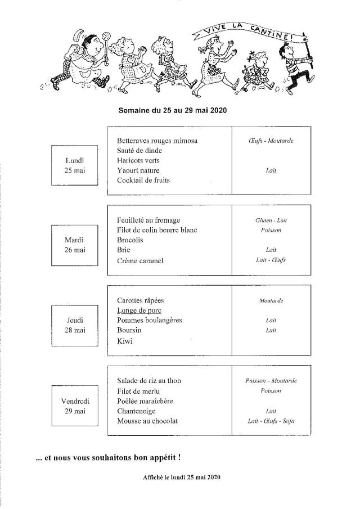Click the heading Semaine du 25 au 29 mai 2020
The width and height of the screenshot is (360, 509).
173,111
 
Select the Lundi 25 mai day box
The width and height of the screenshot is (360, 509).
74,165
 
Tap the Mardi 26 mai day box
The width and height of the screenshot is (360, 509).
74,245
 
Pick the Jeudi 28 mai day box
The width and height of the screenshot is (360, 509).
74,325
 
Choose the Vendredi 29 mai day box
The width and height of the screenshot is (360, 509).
74,406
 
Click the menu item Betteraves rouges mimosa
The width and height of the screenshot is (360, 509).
157,141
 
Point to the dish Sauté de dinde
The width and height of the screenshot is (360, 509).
139,151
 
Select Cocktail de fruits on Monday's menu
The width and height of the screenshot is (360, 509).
143,181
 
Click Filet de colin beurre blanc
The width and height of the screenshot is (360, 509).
157,230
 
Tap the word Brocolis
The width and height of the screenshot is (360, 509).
130,240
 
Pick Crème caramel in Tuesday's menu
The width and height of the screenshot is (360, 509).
140,261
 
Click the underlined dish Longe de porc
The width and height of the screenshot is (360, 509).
139,310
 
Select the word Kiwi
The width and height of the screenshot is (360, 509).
124,341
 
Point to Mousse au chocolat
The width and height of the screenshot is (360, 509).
147,421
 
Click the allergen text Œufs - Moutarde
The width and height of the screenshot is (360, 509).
271,141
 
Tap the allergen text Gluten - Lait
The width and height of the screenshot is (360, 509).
271,220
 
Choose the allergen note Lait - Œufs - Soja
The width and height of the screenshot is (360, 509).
271,421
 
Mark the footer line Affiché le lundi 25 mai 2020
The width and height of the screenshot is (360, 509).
181,478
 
